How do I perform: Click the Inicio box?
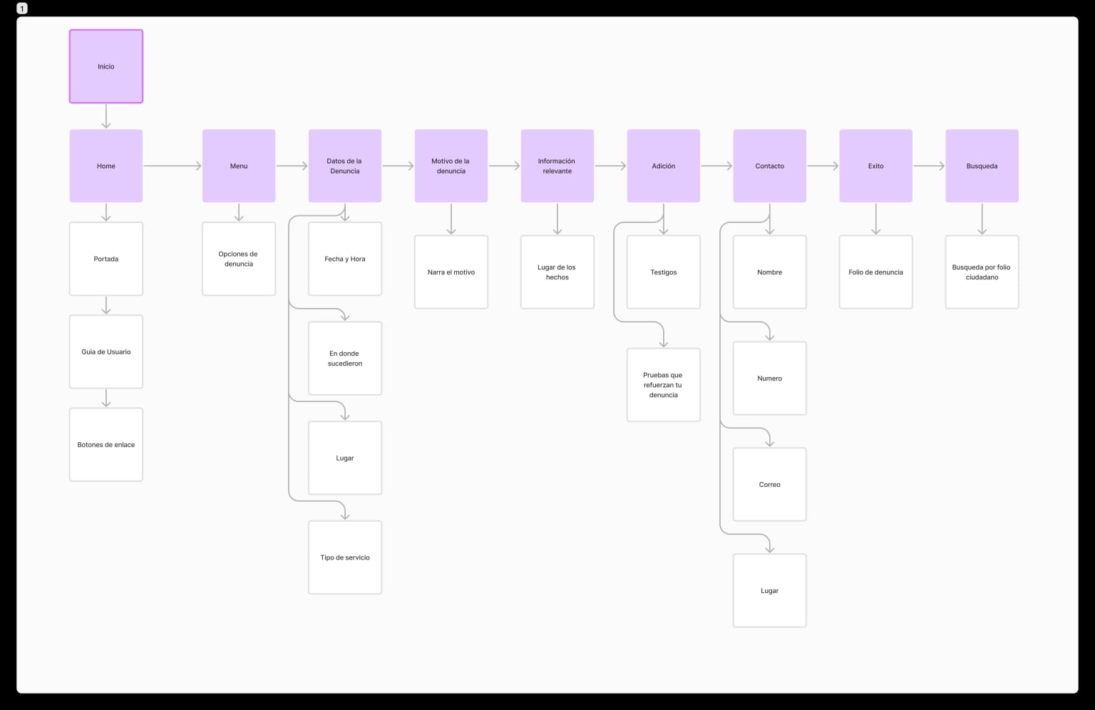coord(106,66)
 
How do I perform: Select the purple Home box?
coord(106,166)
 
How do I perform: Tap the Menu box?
coord(239,166)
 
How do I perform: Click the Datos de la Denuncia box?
coord(345,166)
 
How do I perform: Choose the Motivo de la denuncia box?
coord(451,166)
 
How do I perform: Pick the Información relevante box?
coord(557,166)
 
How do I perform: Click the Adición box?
coord(664,166)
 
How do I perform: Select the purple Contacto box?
coord(770,166)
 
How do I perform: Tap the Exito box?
coord(876,166)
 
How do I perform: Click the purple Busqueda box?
coord(982,166)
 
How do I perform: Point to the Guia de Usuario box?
coord(106,351)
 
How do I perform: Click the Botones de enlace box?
coord(106,445)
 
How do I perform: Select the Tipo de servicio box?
coord(345,557)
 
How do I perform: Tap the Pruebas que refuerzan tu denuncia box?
coord(664,385)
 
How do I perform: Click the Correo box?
coord(770,485)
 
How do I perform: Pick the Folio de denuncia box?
coord(876,272)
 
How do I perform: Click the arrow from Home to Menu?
coord(173,166)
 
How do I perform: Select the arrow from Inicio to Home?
coord(106,116)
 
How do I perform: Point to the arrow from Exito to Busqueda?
coord(929,166)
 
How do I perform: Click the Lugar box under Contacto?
coord(770,591)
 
